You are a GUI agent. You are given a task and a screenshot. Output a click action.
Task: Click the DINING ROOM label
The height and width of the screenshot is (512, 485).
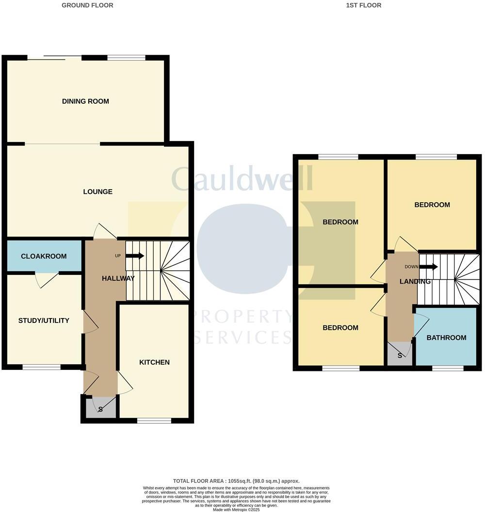tap(85, 101)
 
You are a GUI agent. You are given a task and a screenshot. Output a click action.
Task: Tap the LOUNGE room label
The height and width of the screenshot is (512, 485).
tap(97, 192)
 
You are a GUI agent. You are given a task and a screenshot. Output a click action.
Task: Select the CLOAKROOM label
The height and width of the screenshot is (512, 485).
tap(44, 256)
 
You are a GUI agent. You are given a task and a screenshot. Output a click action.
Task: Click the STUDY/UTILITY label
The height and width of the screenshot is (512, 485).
tap(44, 320)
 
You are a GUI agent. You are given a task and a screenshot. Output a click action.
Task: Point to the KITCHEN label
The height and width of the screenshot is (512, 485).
tap(154, 362)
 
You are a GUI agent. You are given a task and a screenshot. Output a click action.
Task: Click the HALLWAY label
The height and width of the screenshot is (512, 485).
tap(118, 278)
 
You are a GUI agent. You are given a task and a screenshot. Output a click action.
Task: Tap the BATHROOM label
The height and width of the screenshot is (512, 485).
tap(446, 337)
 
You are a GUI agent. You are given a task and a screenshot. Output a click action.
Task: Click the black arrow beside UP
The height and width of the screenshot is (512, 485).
tap(135, 256)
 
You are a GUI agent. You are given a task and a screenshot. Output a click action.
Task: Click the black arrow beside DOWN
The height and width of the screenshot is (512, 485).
tap(429, 266)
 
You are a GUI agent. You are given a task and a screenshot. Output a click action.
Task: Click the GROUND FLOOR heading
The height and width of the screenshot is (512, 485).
tap(87, 5)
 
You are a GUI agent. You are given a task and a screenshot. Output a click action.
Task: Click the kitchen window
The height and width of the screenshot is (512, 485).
tap(154, 420)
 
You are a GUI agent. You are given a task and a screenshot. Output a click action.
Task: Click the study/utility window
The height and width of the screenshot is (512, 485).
tap(42, 367)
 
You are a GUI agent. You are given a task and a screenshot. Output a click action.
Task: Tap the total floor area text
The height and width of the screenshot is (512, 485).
tap(236, 480)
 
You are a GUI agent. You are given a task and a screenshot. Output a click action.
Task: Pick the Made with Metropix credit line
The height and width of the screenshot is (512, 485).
tap(236, 510)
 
